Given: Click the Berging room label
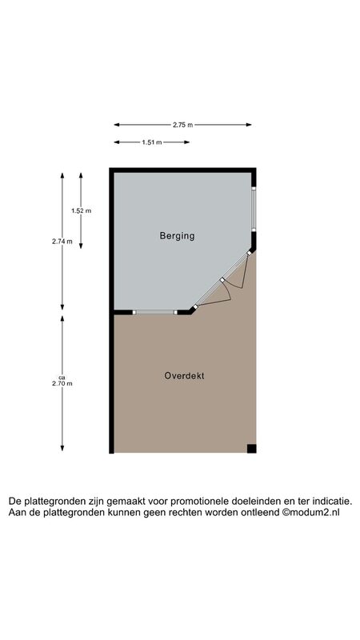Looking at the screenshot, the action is click(177, 236).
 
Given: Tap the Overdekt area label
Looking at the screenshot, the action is click(184, 375).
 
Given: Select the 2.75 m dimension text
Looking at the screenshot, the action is click(182, 125).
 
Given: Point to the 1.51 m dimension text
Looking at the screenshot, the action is click(152, 142).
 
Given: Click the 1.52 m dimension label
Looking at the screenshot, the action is click(81, 211).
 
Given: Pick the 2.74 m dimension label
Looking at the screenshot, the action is click(62, 242).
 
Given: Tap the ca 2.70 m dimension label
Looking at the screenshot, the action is click(62, 381).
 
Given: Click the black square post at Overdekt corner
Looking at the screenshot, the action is click(251, 449).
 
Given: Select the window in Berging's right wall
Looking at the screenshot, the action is click(254, 209).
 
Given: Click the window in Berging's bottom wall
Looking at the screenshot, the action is click(155, 312).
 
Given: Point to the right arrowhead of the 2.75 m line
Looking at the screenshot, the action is click(249, 125).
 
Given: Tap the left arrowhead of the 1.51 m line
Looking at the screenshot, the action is click(116, 142).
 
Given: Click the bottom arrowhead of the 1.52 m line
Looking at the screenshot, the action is click(81, 246).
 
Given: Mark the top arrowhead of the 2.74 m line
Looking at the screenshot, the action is click(62, 175).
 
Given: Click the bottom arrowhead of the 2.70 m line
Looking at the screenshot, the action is click(62, 448).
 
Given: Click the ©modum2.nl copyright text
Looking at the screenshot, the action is click(310, 513).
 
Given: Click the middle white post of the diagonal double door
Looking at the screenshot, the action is click(222, 280).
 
